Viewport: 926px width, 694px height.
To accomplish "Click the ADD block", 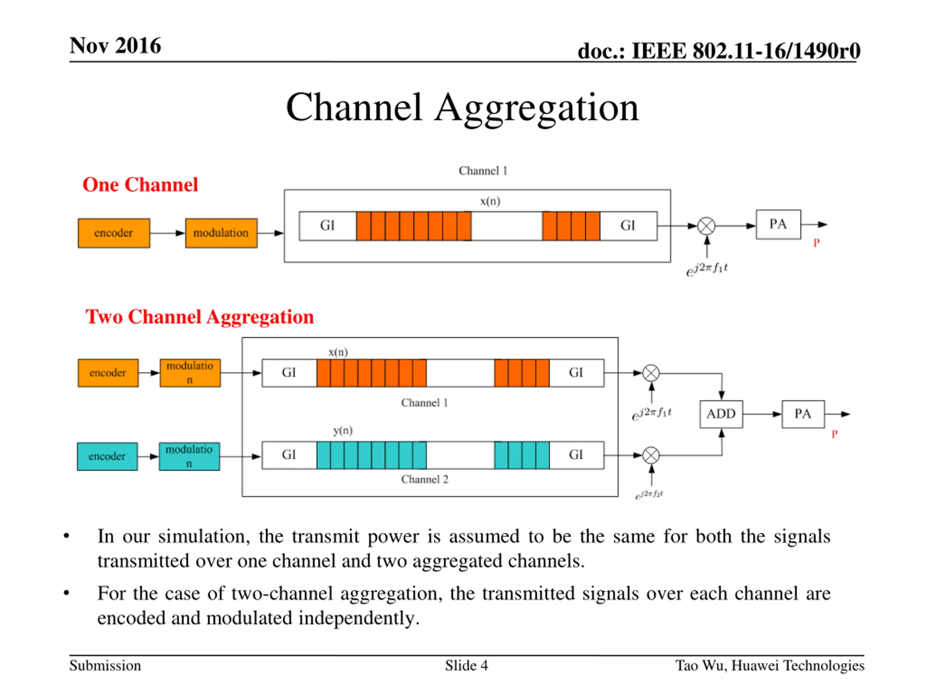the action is click(x=721, y=414).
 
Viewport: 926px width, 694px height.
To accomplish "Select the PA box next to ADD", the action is click(x=803, y=414).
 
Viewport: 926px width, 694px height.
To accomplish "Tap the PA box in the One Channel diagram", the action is click(x=778, y=224).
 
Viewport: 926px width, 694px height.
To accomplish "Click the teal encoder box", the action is click(x=107, y=457).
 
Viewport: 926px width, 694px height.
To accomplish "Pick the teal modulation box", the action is click(x=189, y=457).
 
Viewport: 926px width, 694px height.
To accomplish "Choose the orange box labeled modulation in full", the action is click(x=221, y=233).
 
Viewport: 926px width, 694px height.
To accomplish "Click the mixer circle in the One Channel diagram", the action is click(x=707, y=226).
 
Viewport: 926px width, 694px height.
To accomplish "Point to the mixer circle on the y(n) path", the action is click(x=651, y=455).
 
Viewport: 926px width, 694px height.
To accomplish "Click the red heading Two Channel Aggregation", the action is click(x=200, y=317).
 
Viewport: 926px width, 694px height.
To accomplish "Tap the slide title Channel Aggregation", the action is click(x=463, y=107).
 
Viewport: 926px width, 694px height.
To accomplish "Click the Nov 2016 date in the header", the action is click(x=115, y=45).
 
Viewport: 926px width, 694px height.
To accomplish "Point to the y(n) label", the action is click(x=343, y=430).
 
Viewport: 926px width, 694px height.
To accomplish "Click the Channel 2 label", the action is click(x=425, y=479).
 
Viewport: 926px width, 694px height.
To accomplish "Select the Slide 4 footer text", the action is click(x=466, y=665).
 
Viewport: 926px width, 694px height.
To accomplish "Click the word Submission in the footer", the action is click(x=105, y=665).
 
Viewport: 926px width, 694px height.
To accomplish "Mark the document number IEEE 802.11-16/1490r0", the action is click(x=746, y=51).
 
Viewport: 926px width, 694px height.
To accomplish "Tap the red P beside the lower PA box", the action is click(x=834, y=434).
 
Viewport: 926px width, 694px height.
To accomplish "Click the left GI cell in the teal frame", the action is click(x=289, y=455).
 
